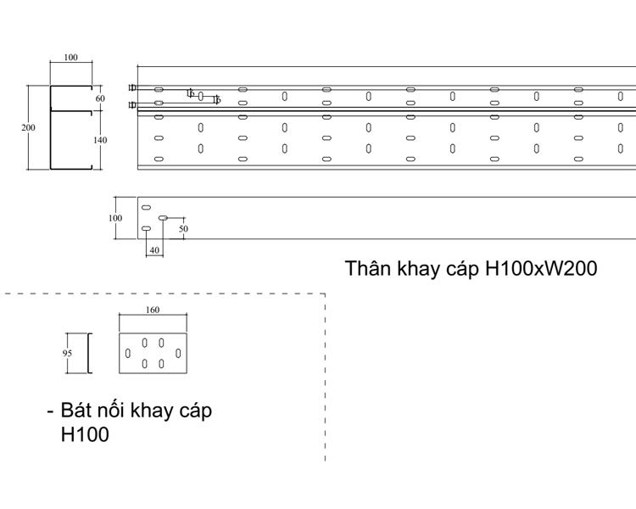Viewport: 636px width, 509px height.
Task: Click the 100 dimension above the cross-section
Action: [x=70, y=58]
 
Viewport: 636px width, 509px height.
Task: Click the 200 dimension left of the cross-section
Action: [x=29, y=127]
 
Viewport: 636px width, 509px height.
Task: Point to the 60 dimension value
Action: [x=100, y=98]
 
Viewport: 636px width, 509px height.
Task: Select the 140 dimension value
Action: [x=100, y=140]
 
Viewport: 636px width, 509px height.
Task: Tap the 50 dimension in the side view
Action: [x=183, y=228]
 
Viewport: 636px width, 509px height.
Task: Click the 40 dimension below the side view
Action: [x=154, y=250]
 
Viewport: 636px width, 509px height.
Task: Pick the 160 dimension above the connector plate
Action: [x=153, y=310]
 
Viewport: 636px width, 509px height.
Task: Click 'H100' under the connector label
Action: [x=86, y=435]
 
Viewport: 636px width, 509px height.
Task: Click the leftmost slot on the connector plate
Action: [x=128, y=353]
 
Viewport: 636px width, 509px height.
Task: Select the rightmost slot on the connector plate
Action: [x=178, y=353]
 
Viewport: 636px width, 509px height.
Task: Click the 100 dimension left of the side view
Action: [x=115, y=218]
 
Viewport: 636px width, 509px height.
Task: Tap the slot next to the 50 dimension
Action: [x=163, y=218]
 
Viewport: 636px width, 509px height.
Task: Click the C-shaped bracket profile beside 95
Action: [x=89, y=354]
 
